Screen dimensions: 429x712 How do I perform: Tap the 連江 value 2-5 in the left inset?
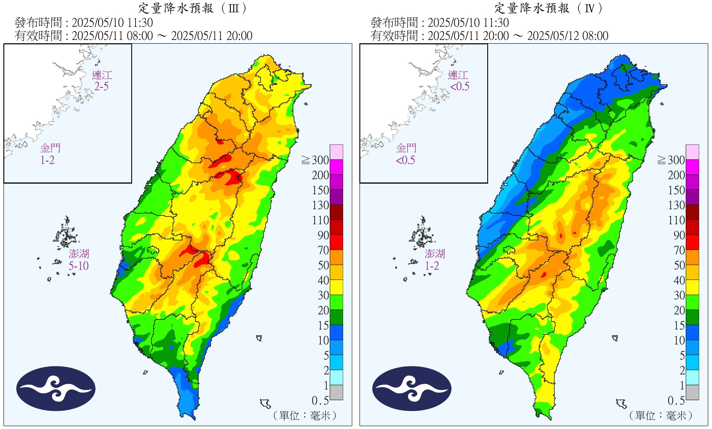pos(102,86)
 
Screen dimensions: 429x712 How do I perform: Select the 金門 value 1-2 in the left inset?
pos(47,160)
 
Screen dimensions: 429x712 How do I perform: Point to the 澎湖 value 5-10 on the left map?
pos(79,266)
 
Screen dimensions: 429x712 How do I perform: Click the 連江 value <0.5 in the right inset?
pos(460,86)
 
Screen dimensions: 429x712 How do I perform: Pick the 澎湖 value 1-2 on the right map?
pos(432,266)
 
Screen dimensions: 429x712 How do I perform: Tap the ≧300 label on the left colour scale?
pos(315,160)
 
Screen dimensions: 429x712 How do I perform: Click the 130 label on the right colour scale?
pos(677,205)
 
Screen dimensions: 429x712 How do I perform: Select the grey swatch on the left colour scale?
pos(336,392)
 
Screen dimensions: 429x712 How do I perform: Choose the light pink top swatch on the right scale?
pos(692,152)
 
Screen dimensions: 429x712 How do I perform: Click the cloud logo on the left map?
pos(56,388)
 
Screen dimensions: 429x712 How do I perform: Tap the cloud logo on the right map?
pos(412,388)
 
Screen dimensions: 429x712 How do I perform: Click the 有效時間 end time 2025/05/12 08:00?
pos(568,36)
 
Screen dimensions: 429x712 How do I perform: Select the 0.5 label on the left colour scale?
pos(320,401)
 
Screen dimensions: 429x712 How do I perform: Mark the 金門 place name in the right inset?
pos(406,148)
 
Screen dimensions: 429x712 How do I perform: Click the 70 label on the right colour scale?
pos(679,250)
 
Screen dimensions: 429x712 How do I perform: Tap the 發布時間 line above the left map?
pos(84,23)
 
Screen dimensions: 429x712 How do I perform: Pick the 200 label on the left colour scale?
pos(321,175)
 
